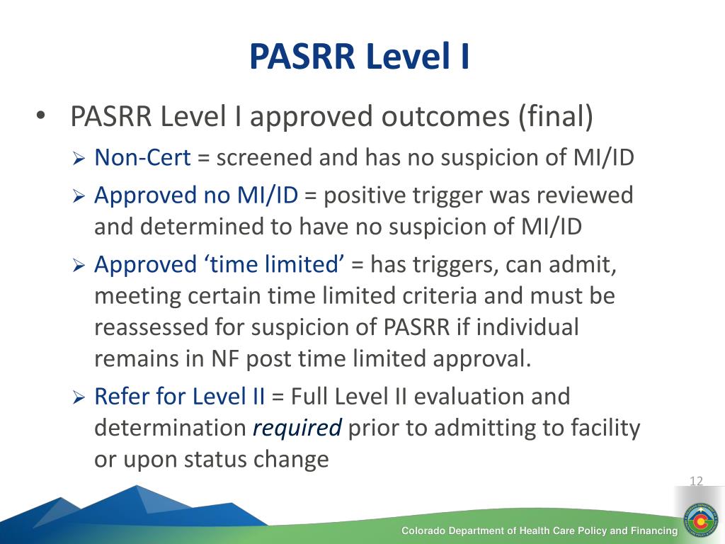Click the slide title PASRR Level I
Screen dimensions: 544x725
(359, 57)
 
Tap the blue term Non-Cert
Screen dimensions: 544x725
(142, 157)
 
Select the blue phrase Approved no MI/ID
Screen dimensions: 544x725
(196, 195)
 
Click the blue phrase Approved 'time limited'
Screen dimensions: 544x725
(219, 264)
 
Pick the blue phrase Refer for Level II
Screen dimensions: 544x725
(180, 396)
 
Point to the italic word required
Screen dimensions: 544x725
(297, 428)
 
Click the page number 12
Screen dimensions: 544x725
(696, 482)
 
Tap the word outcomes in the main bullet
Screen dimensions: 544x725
(434, 117)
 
